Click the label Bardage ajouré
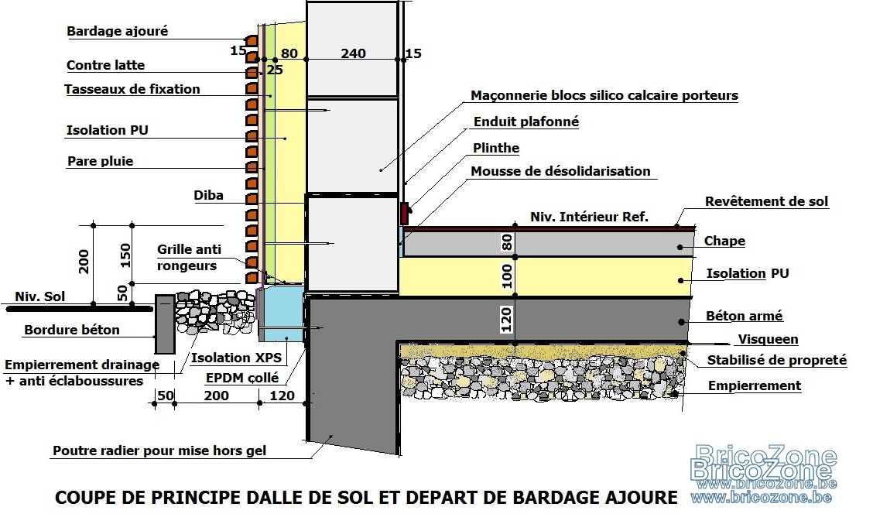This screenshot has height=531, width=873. [x=117, y=31]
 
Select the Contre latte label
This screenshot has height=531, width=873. [x=105, y=65]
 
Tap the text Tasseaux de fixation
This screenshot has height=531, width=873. [x=132, y=89]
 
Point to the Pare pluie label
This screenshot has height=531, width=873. [x=100, y=162]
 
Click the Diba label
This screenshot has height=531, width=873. [x=208, y=195]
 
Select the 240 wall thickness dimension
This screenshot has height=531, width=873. [x=353, y=53]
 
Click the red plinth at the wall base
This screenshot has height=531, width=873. [x=405, y=213]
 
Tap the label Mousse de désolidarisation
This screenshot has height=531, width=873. [x=560, y=171]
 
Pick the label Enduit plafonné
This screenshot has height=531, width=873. [x=526, y=122]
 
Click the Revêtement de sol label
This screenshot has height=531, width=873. [x=766, y=201]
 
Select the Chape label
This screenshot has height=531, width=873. [x=724, y=241]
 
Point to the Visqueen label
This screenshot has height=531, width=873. [x=768, y=340]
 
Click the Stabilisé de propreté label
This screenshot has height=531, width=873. [x=777, y=360]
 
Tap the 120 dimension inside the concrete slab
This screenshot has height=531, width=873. [x=506, y=320]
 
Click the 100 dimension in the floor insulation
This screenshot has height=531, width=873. [x=507, y=276]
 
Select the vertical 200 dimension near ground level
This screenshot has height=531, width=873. [x=84, y=262]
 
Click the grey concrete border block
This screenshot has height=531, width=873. [x=165, y=324]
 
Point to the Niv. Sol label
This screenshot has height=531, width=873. [x=39, y=296]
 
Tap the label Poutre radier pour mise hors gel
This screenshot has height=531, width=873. [x=159, y=450]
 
